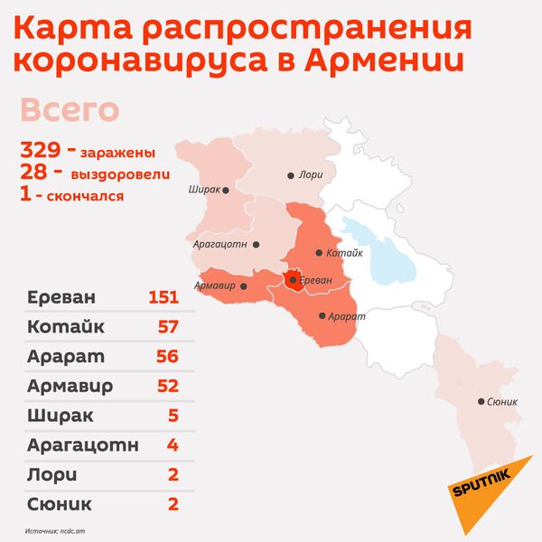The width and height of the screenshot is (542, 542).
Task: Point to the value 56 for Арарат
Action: point(166,356)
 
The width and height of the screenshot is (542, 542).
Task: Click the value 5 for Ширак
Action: point(173,416)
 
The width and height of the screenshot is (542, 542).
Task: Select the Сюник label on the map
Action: point(501,402)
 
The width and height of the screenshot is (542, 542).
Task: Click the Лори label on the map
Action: point(311,175)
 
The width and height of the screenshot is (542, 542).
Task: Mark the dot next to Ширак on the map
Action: point(225,191)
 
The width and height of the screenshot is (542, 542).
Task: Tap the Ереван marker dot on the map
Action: point(292,281)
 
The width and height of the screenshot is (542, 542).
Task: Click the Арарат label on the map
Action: point(348,316)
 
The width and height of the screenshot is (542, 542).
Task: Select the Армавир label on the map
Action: point(213,286)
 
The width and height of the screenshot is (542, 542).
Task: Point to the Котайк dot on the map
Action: point(318,254)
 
